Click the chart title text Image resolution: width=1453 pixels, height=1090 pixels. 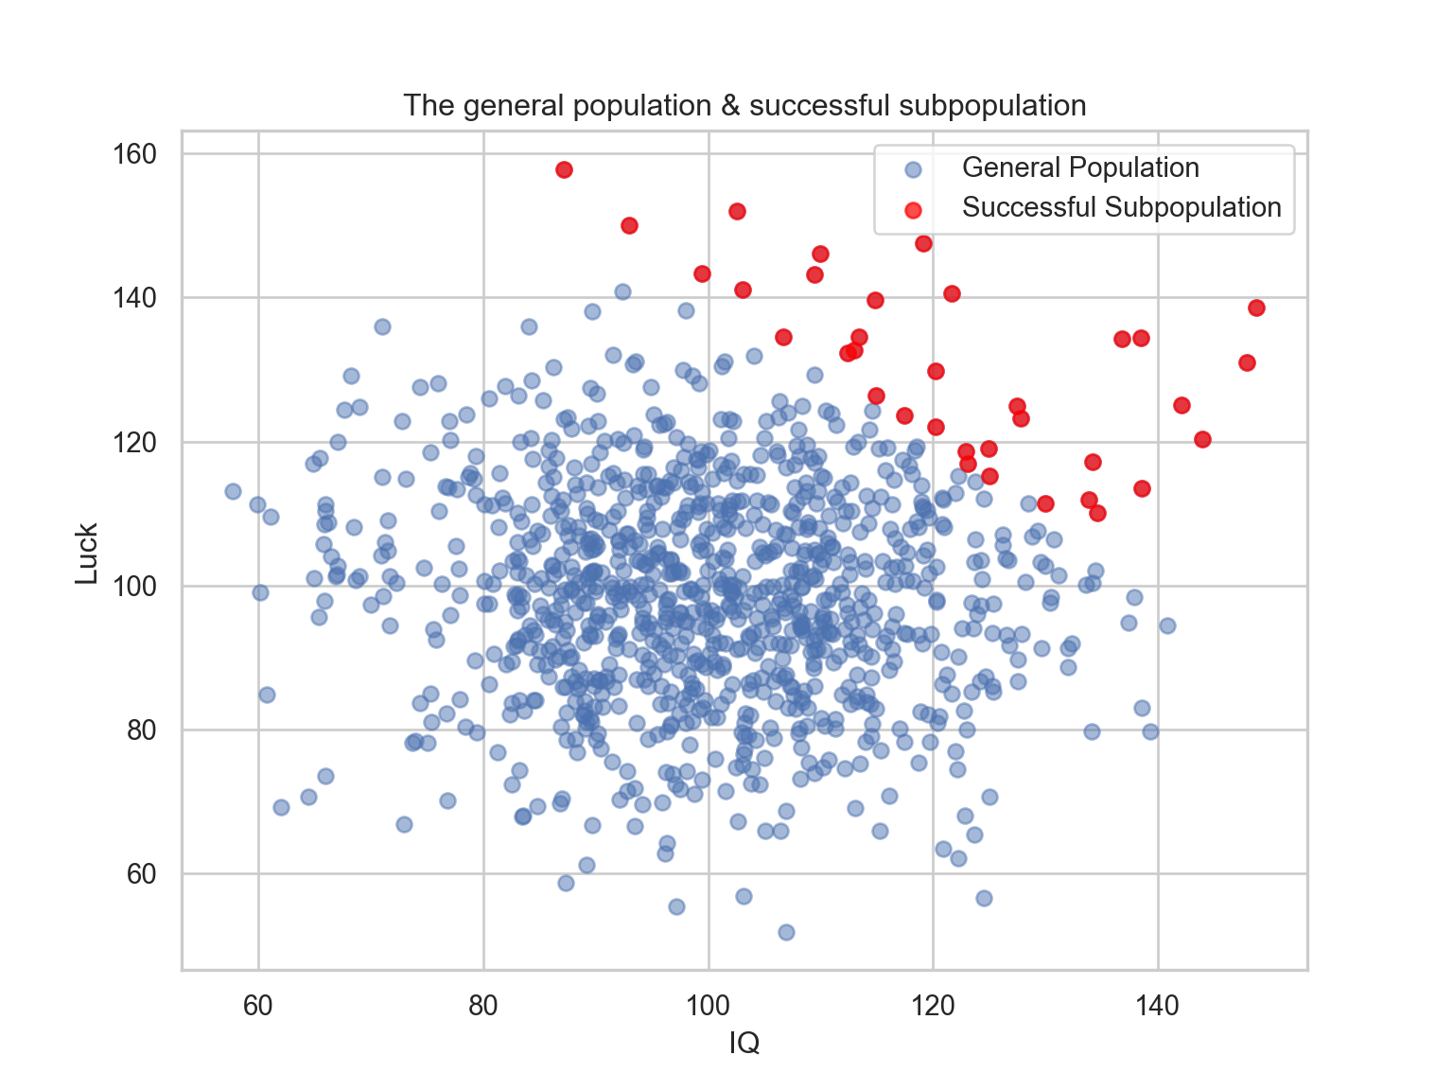coord(744,105)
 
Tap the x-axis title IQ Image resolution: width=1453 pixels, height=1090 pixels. coord(744,1043)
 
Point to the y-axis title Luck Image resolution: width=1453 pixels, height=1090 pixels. coord(87,554)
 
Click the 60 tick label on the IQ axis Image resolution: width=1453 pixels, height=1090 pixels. coord(258,1005)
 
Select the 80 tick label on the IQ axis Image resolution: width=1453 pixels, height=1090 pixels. coord(483,1005)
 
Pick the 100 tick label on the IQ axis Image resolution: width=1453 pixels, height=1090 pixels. coord(709,1005)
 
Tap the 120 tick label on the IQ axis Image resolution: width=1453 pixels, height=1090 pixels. coord(933,1005)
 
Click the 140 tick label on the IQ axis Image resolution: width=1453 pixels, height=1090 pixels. coord(1158,1005)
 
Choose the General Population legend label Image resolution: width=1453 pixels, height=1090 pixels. coord(1080,168)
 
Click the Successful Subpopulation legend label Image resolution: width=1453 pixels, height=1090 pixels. coord(1121,208)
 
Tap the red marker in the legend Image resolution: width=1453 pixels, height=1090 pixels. coord(913,209)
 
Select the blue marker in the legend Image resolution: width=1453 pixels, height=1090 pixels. coord(913,169)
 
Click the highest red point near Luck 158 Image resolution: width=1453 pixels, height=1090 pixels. coord(565,170)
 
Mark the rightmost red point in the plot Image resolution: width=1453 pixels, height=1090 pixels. coord(1256,308)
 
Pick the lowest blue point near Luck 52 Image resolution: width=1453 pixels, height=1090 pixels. coord(786,932)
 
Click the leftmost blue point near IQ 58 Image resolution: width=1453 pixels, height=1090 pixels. coord(233,491)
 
